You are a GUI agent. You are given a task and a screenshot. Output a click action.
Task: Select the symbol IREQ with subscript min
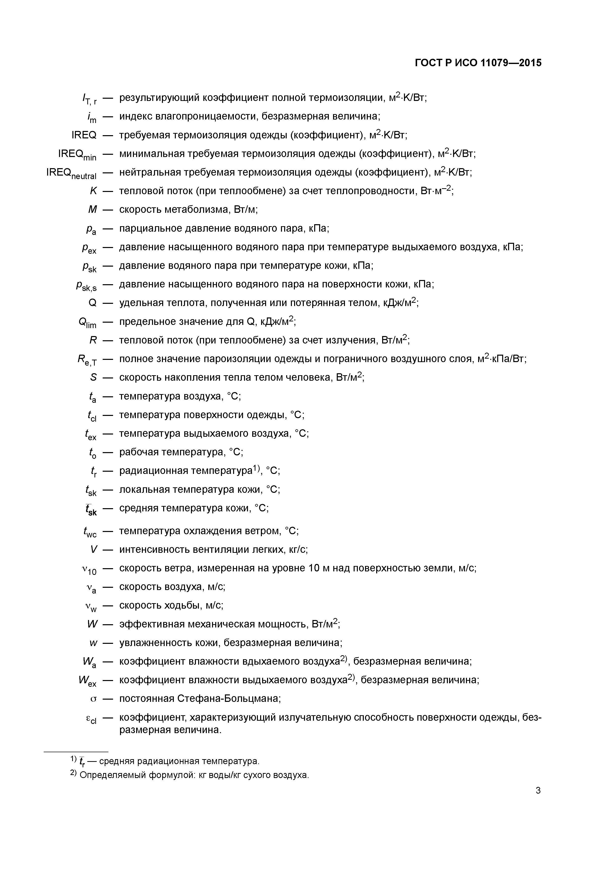(77, 155)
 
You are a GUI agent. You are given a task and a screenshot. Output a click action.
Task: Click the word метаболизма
(197, 210)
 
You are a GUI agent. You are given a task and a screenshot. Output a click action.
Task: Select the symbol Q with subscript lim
(88, 322)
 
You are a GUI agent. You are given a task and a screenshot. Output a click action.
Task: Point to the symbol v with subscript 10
(90, 569)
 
